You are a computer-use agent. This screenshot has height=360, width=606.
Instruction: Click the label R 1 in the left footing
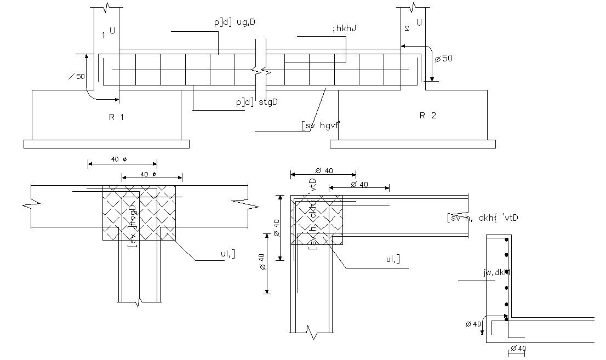pyautogui.click(x=116, y=117)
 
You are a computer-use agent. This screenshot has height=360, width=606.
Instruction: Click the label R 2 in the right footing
pyautogui.click(x=427, y=115)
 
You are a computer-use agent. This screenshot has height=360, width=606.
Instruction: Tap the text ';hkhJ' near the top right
pyautogui.click(x=344, y=28)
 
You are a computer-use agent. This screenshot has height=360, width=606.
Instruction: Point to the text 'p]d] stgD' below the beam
pyautogui.click(x=256, y=101)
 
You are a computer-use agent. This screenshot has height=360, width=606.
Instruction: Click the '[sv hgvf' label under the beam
pyautogui.click(x=320, y=125)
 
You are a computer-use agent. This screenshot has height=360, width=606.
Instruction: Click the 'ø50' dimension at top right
pyautogui.click(x=443, y=58)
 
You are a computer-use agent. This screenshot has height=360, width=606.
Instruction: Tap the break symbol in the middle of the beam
pyautogui.click(x=262, y=71)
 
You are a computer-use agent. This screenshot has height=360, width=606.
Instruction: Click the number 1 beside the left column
pyautogui.click(x=104, y=35)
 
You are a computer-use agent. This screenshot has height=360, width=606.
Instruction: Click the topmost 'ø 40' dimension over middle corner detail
pyautogui.click(x=324, y=170)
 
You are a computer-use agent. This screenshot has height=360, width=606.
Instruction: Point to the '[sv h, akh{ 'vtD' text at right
pyautogui.click(x=482, y=218)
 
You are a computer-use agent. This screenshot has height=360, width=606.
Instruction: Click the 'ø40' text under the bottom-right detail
pyautogui.click(x=518, y=348)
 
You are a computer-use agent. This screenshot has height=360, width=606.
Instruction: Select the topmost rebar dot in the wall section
pyautogui.click(x=507, y=240)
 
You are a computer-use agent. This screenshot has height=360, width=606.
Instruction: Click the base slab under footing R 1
pyautogui.click(x=106, y=144)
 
